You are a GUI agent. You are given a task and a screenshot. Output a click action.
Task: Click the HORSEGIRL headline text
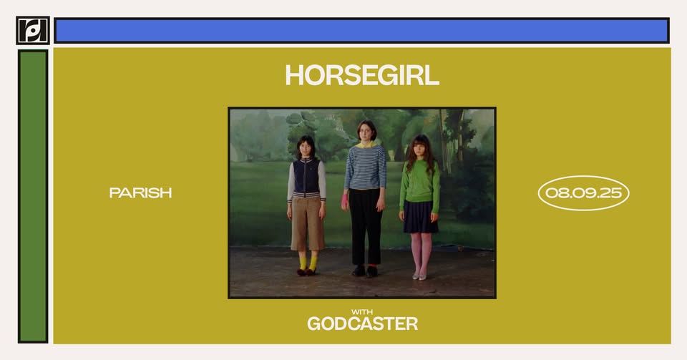click(x=362, y=75)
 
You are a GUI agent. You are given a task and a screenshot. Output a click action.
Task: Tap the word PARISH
click(x=140, y=193)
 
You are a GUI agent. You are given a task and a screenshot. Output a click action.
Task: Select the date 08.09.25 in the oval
click(x=583, y=193)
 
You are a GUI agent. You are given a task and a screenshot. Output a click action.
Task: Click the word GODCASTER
click(x=362, y=323)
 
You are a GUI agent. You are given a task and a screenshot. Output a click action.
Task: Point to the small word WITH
click(x=362, y=312)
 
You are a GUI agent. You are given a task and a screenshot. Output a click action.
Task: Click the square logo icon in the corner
click(x=32, y=30)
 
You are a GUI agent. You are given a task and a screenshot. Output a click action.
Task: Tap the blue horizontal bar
click(x=361, y=30)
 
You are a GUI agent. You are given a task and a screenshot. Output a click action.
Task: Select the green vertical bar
click(x=33, y=196)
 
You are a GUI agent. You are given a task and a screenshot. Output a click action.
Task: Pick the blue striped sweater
click(x=365, y=167)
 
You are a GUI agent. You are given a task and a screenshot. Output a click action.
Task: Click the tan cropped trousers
click(x=307, y=223)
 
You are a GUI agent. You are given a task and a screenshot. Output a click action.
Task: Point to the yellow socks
click(x=308, y=263)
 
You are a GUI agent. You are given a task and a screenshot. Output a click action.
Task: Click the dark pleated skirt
click(x=420, y=217)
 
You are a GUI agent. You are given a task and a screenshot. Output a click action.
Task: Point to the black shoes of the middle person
click(x=365, y=271)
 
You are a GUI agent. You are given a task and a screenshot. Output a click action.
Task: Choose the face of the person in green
click(x=418, y=148)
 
